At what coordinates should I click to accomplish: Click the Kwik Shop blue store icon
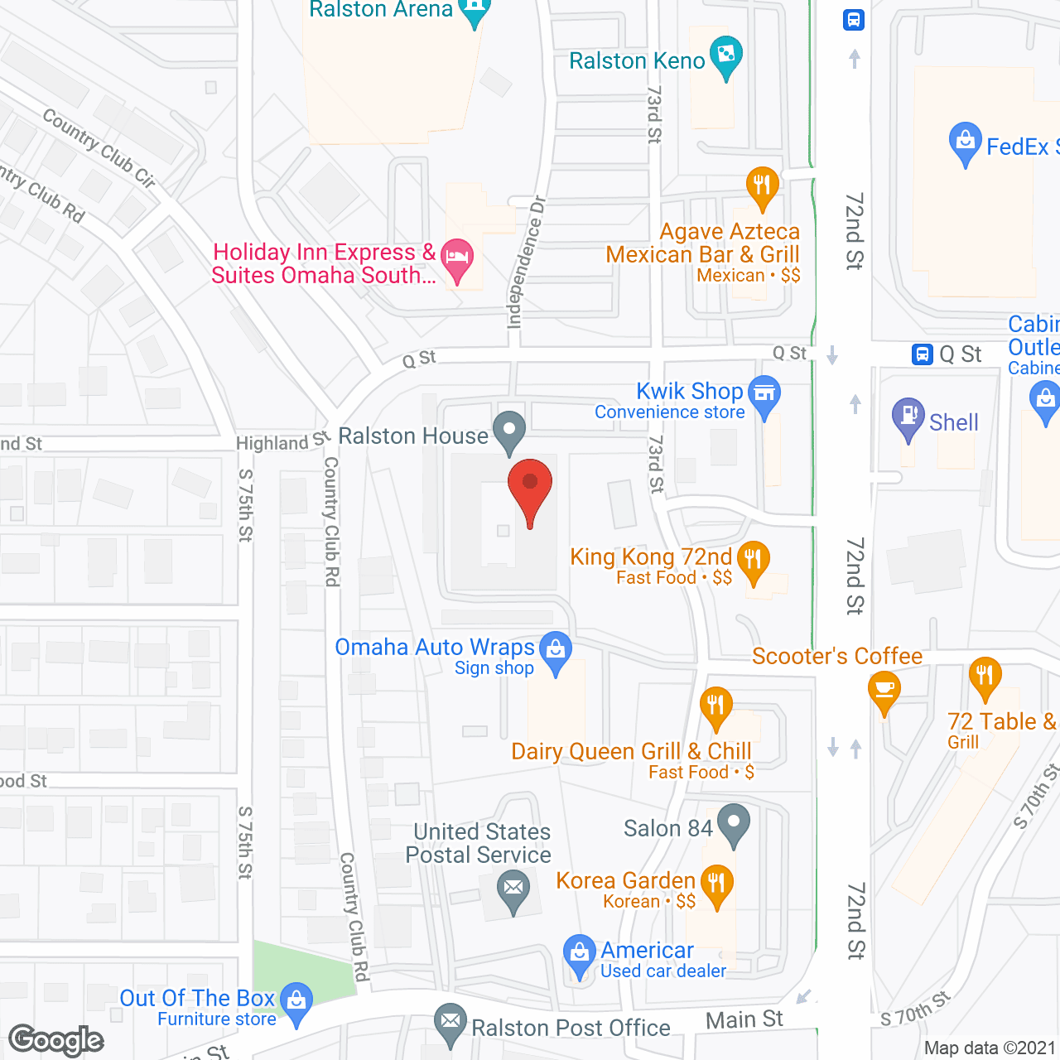tap(764, 395)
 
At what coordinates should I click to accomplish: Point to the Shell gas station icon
tap(908, 418)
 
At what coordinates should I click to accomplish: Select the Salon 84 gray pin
tap(734, 825)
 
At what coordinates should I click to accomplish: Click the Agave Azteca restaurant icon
tap(762, 187)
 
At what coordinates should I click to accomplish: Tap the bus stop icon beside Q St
tap(922, 354)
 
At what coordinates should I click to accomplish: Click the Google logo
tap(56, 1040)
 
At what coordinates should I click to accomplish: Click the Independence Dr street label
tap(527, 262)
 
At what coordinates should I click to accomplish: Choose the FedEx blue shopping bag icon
tap(965, 143)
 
